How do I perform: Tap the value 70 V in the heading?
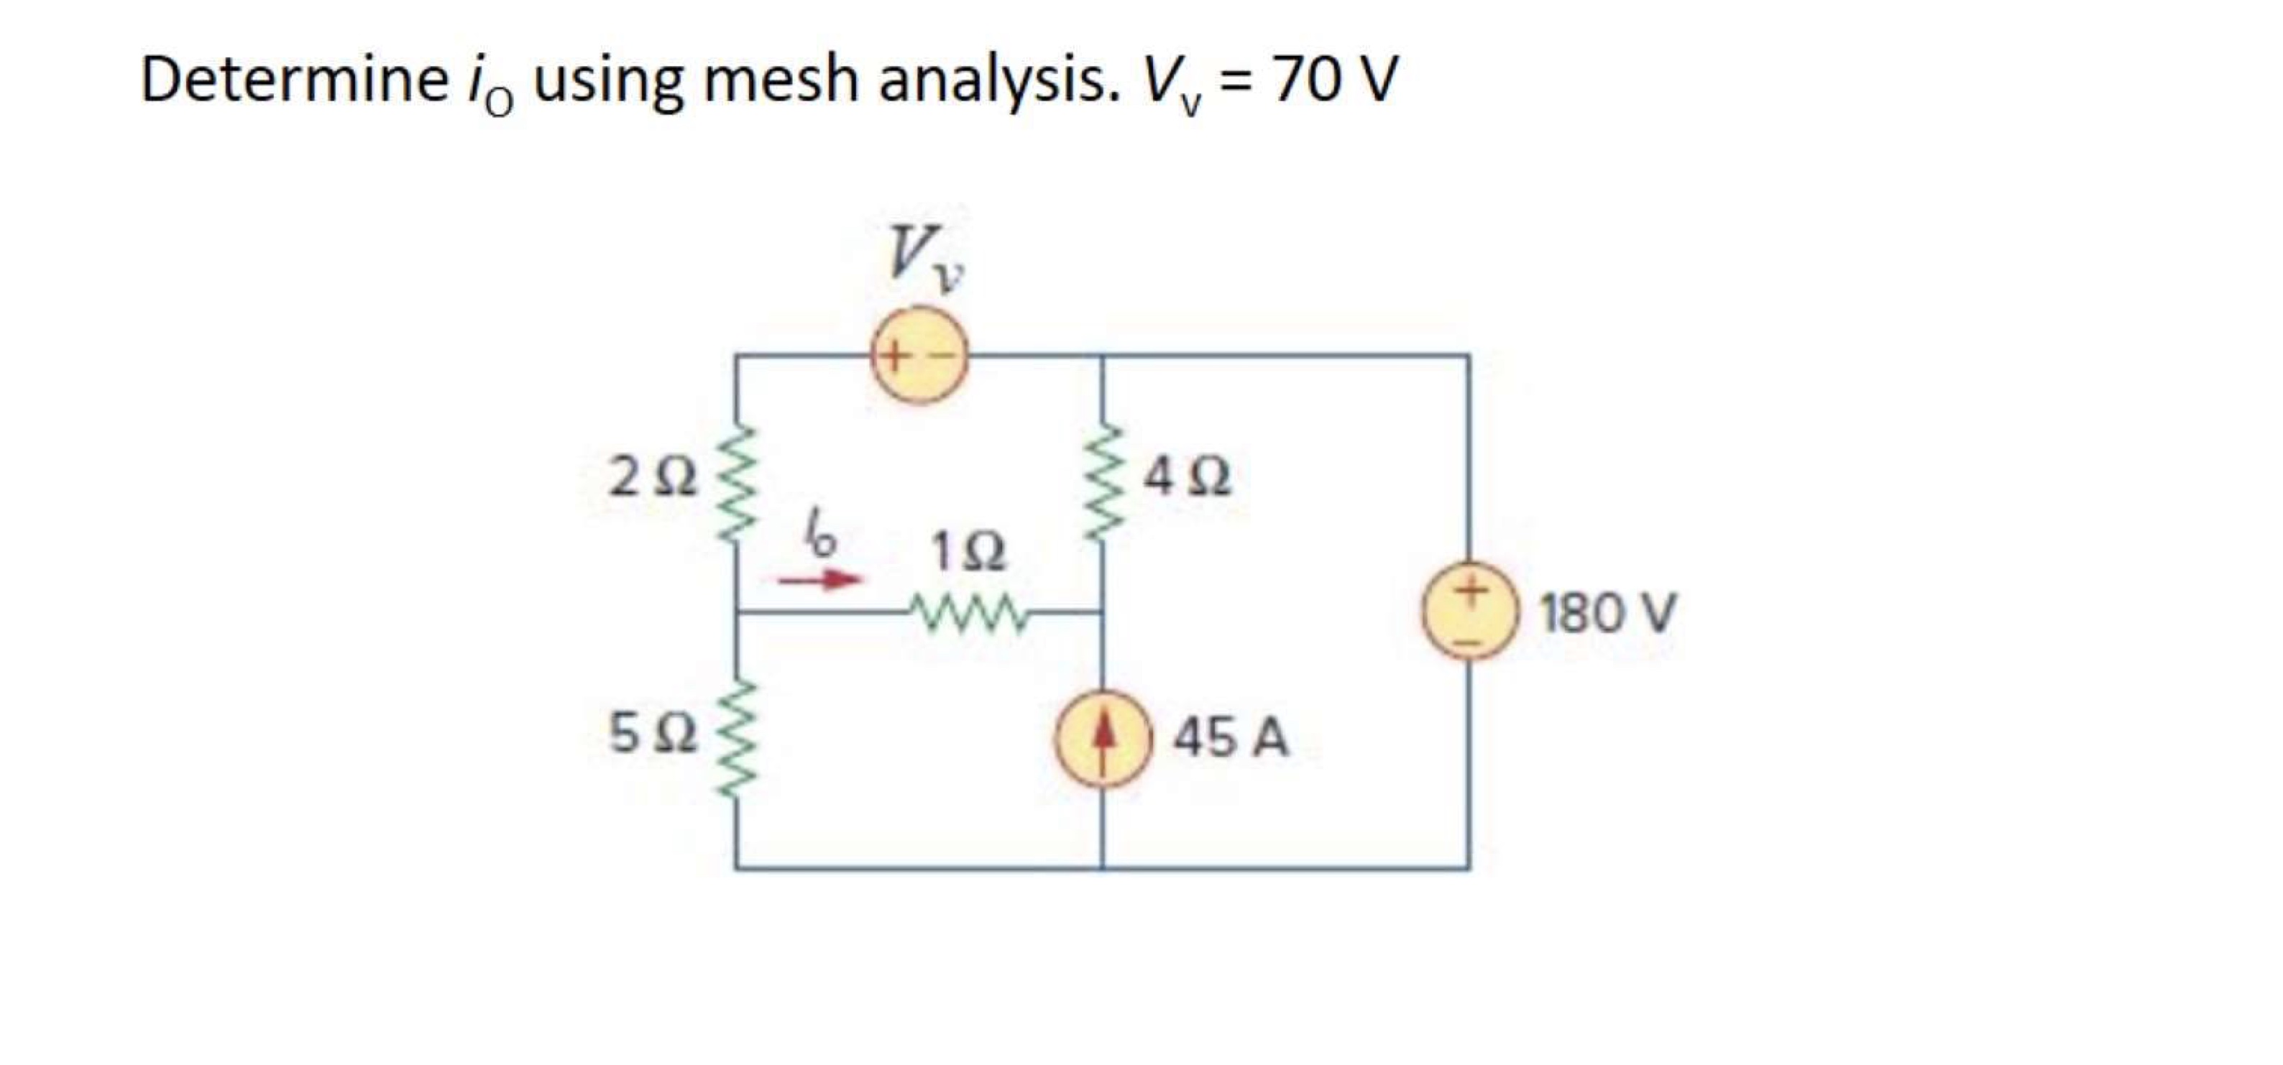pos(1335,80)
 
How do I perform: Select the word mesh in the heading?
pos(781,80)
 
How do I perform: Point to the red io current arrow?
pos(819,581)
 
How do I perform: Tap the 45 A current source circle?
pos(1102,738)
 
